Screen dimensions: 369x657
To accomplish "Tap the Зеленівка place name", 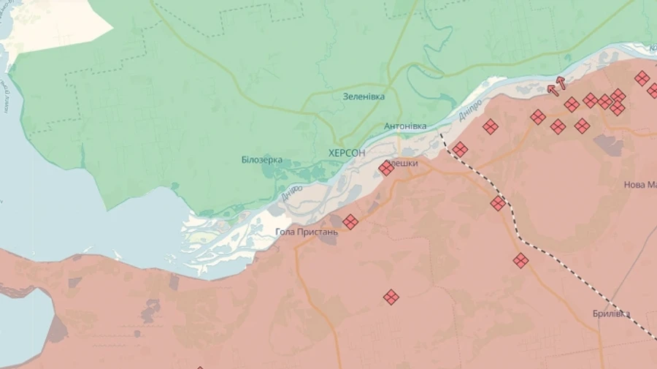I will click(364, 96).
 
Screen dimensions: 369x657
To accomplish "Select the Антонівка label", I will click(405, 126).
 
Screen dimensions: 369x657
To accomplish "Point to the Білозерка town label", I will click(261, 160).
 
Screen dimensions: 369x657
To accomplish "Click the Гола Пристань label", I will click(307, 232).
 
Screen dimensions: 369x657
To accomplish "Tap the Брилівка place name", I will click(612, 314).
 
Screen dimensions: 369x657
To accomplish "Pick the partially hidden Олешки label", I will click(404, 164).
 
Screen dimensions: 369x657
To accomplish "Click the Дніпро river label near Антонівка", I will click(470, 110).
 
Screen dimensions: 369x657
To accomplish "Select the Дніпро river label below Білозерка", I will click(291, 193).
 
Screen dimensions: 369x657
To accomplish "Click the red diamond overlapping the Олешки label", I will click(386, 168).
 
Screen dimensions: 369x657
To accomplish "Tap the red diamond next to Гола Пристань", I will click(350, 221).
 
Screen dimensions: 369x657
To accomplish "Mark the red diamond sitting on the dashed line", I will click(498, 203).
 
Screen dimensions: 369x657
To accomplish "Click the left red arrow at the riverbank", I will click(553, 89).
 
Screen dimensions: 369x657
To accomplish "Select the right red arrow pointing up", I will click(561, 83).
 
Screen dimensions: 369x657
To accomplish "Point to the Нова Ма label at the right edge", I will click(639, 185).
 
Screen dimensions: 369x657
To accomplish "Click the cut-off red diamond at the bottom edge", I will click(200, 367).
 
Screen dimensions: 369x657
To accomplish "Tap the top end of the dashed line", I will click(441, 134).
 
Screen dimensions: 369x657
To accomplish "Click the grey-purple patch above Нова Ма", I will click(608, 144).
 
